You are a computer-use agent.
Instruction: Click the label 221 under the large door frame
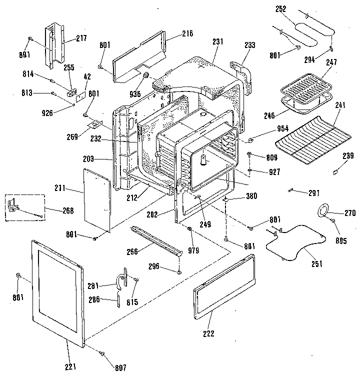(70, 367)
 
